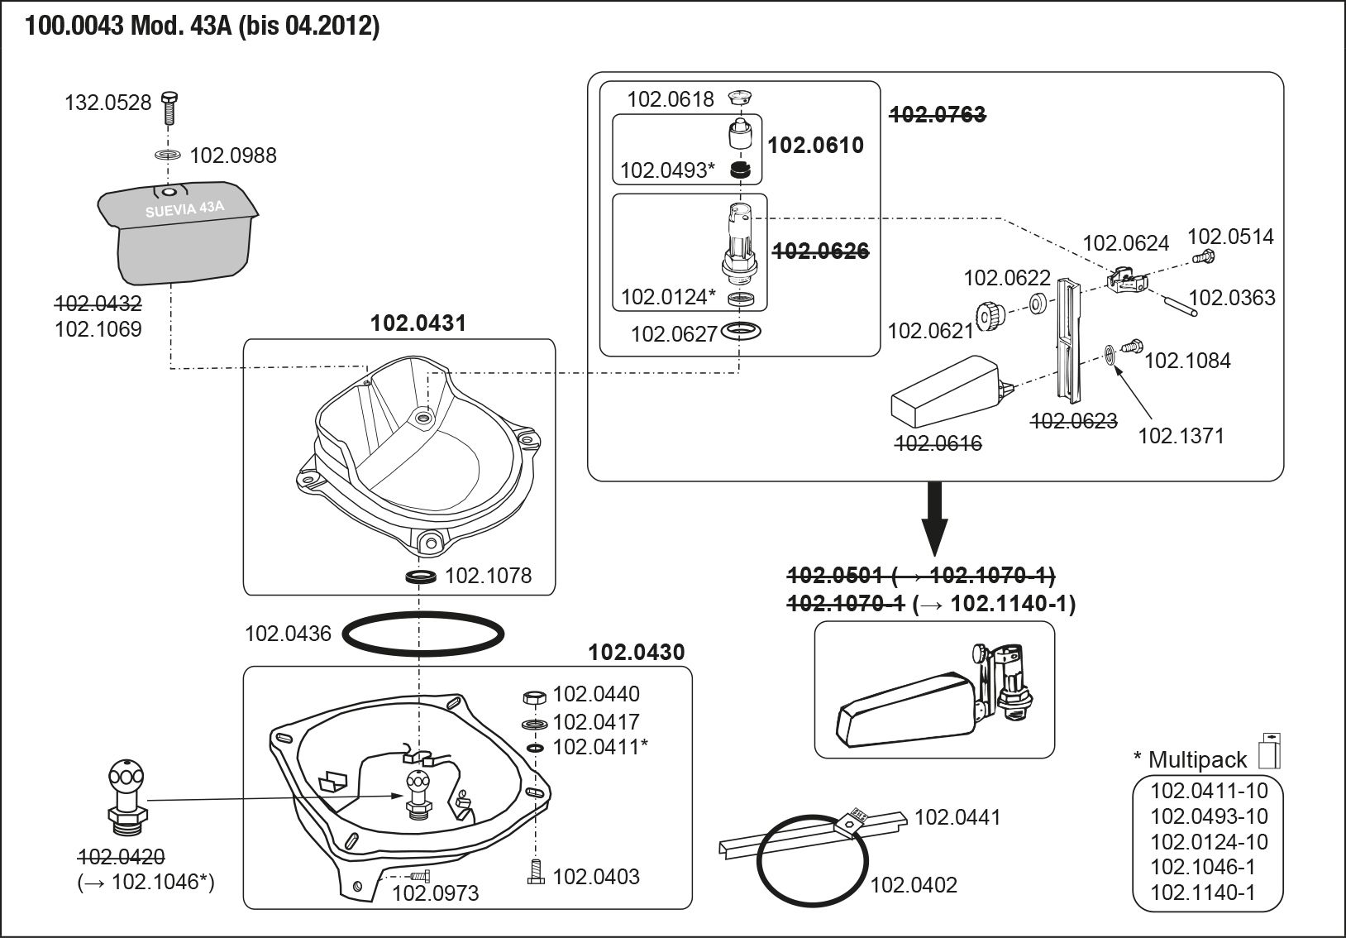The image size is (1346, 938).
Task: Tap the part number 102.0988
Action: [233, 156]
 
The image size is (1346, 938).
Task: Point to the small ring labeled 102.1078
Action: [421, 576]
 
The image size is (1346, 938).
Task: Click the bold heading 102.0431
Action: [418, 323]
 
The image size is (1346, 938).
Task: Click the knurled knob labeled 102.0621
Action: [988, 315]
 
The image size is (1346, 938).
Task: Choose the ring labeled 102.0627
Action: [740, 333]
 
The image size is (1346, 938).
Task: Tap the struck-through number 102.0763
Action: [937, 115]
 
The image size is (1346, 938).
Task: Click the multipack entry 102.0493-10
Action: [1209, 816]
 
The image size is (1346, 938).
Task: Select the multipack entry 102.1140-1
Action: [1203, 893]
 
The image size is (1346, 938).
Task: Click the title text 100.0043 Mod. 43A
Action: [202, 26]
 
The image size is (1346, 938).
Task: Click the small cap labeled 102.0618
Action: [739, 98]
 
